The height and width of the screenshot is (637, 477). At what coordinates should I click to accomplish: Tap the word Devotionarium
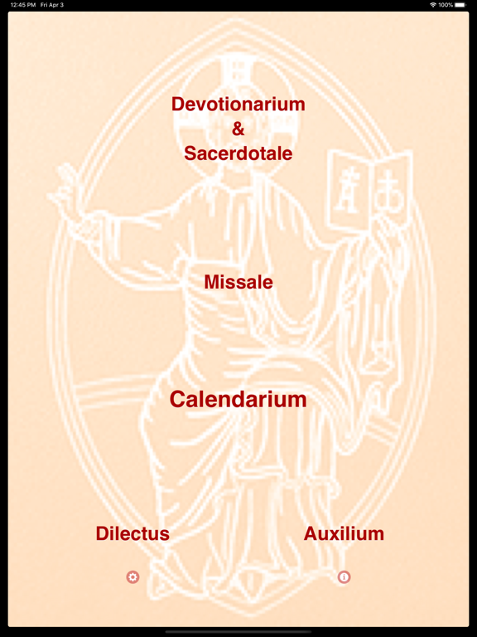tap(238, 105)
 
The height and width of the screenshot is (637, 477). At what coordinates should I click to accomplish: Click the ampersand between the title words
tap(238, 129)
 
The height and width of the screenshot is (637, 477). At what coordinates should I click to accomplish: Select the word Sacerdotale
tap(238, 153)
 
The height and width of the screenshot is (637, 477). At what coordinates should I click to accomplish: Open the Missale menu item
tap(238, 282)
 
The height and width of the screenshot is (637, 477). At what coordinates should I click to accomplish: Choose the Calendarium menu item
tap(238, 399)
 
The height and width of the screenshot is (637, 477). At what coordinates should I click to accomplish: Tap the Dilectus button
tap(132, 533)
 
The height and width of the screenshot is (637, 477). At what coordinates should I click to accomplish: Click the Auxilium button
tap(344, 533)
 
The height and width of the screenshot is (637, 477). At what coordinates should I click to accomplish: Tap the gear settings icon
tap(132, 577)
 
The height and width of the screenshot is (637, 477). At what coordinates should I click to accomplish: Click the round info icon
tap(344, 577)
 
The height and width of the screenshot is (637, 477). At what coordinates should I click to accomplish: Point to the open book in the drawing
tap(369, 190)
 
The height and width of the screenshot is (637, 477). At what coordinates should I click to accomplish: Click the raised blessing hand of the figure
tap(67, 191)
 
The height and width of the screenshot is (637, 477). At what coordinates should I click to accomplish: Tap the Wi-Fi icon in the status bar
tap(433, 5)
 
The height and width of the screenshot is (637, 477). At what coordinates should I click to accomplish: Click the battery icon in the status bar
tap(460, 5)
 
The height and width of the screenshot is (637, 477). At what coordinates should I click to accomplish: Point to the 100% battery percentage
tap(446, 5)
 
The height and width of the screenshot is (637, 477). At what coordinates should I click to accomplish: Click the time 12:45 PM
tap(23, 5)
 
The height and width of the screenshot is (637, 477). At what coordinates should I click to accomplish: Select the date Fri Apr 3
tap(52, 5)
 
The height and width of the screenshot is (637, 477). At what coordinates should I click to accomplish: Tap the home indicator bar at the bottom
tap(238, 632)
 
